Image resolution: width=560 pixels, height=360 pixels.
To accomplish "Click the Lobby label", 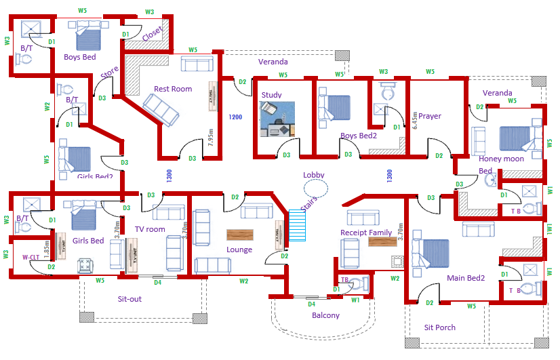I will (x=314, y=175).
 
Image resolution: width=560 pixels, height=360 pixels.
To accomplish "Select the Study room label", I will (x=271, y=95).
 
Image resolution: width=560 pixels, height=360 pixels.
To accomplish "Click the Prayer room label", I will (x=430, y=116).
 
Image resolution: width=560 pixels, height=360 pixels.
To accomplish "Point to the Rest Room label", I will (x=173, y=89).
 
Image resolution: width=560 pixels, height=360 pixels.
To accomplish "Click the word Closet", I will (x=152, y=33).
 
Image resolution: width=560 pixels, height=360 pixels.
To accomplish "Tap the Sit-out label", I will (x=130, y=299).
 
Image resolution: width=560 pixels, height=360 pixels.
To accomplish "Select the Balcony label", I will (x=325, y=315).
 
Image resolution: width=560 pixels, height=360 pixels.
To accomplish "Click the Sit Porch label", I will (x=440, y=327).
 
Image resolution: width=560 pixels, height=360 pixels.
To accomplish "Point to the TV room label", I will (x=150, y=229).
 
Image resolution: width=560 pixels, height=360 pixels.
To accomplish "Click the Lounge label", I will (x=239, y=249).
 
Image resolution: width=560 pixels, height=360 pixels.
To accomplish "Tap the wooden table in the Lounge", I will (x=239, y=235).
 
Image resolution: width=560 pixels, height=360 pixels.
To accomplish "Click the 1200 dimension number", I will (x=235, y=117).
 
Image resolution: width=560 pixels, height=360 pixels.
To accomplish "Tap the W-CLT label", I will (x=30, y=257).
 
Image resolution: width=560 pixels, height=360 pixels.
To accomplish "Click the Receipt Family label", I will (x=366, y=233).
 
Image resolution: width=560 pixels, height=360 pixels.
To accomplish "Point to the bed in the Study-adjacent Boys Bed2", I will (x=334, y=108).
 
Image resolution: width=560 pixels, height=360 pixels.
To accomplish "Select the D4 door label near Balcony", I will (x=312, y=304).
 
